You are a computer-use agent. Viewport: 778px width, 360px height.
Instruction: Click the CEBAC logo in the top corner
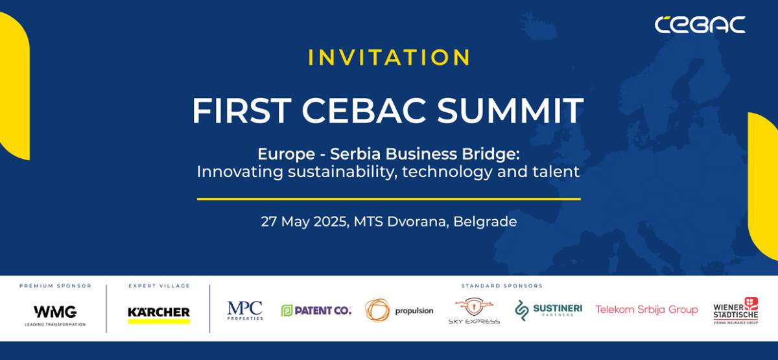[700, 25]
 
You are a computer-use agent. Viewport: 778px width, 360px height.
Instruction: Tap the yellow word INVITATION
[389, 57]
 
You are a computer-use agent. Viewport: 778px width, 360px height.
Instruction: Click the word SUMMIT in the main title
[510, 111]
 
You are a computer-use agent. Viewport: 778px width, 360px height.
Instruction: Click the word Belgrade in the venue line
[485, 221]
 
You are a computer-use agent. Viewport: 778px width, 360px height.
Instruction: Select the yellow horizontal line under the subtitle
[389, 199]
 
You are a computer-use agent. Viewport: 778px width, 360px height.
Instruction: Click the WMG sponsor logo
[55, 312]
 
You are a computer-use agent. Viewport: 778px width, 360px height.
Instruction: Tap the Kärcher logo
[159, 313]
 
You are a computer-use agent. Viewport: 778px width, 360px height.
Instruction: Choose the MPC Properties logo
[245, 310]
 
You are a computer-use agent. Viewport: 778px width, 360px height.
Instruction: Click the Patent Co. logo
[316, 310]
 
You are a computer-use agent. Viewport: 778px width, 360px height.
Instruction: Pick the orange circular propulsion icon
[377, 310]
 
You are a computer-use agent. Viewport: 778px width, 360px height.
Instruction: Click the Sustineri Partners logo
[548, 310]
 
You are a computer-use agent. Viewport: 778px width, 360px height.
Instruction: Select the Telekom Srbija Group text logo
[646, 309]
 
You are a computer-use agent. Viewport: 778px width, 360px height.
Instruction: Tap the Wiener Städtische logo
[736, 311]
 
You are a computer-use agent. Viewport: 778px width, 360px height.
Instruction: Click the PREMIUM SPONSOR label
[55, 285]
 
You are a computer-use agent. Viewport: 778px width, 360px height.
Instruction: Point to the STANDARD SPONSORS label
[501, 285]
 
